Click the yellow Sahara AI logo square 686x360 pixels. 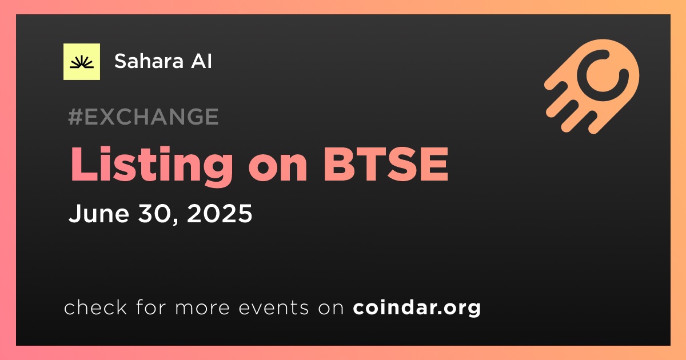click(82, 62)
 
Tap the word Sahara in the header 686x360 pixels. click(149, 61)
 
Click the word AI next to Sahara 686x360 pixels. click(201, 61)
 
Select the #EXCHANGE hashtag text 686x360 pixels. click(143, 117)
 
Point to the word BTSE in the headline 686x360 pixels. click(386, 164)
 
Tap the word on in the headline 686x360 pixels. click(278, 169)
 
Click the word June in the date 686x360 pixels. click(99, 213)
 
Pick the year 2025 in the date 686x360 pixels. click(220, 213)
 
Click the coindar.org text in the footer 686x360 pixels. click(417, 307)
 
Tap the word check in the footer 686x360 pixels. click(95, 307)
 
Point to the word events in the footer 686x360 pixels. click(273, 307)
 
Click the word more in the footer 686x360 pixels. click(202, 308)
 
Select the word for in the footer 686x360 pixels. click(151, 307)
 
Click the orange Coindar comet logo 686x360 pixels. click(592, 86)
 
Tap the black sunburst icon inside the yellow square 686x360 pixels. click(82, 62)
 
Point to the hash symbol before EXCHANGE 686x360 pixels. click(75, 117)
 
